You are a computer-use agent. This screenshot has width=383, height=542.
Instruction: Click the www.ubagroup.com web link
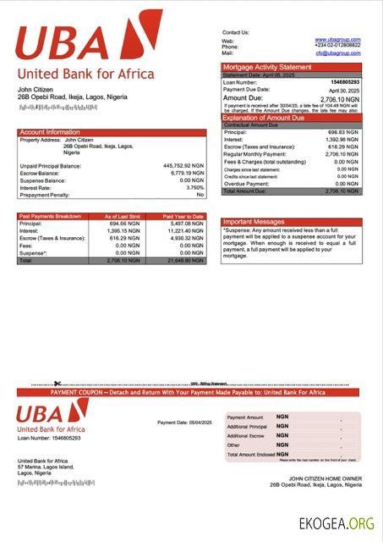[338, 40]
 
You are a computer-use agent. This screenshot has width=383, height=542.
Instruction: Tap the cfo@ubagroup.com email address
[338, 53]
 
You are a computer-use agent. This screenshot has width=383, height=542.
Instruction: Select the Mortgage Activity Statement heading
[267, 67]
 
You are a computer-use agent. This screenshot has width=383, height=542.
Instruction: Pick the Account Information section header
[50, 132]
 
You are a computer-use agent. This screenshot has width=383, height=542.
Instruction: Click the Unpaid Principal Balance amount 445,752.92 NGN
[183, 166]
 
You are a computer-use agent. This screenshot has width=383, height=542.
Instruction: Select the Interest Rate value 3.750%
[194, 187]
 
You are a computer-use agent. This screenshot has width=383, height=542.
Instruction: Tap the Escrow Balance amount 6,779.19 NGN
[188, 173]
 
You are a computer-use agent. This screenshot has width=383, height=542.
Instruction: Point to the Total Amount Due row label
[246, 191]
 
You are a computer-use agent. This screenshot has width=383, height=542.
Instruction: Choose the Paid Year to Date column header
[183, 217]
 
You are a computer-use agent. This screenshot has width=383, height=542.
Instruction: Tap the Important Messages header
[254, 222]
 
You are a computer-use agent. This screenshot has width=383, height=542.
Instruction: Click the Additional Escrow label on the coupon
[247, 435]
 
